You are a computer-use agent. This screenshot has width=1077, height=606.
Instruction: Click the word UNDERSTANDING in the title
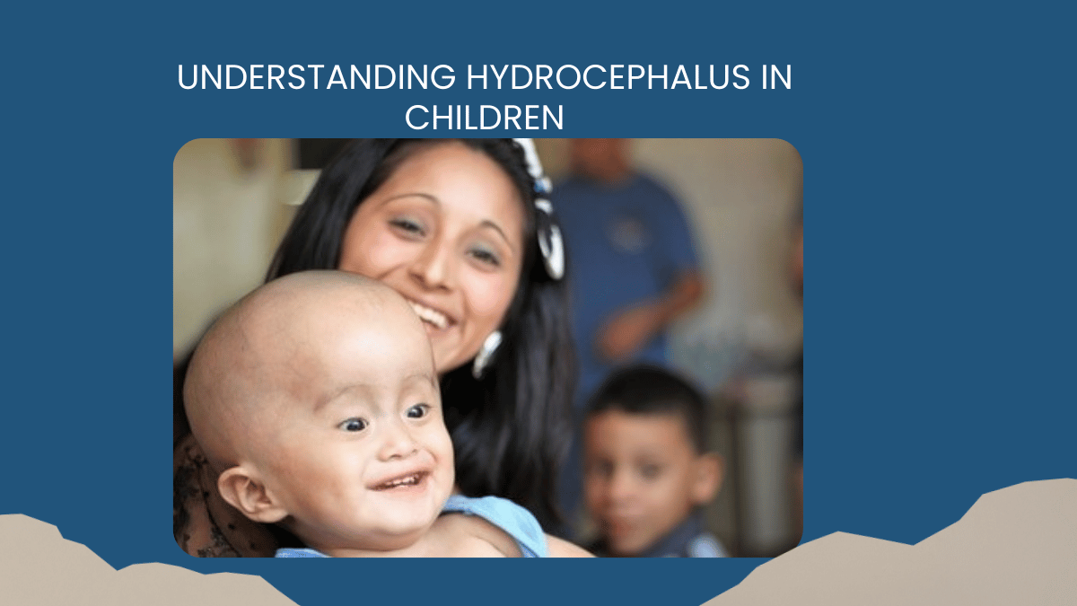tap(316, 78)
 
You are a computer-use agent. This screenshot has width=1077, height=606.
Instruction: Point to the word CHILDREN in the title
tap(485, 118)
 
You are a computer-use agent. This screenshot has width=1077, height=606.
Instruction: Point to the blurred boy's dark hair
tap(642, 395)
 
